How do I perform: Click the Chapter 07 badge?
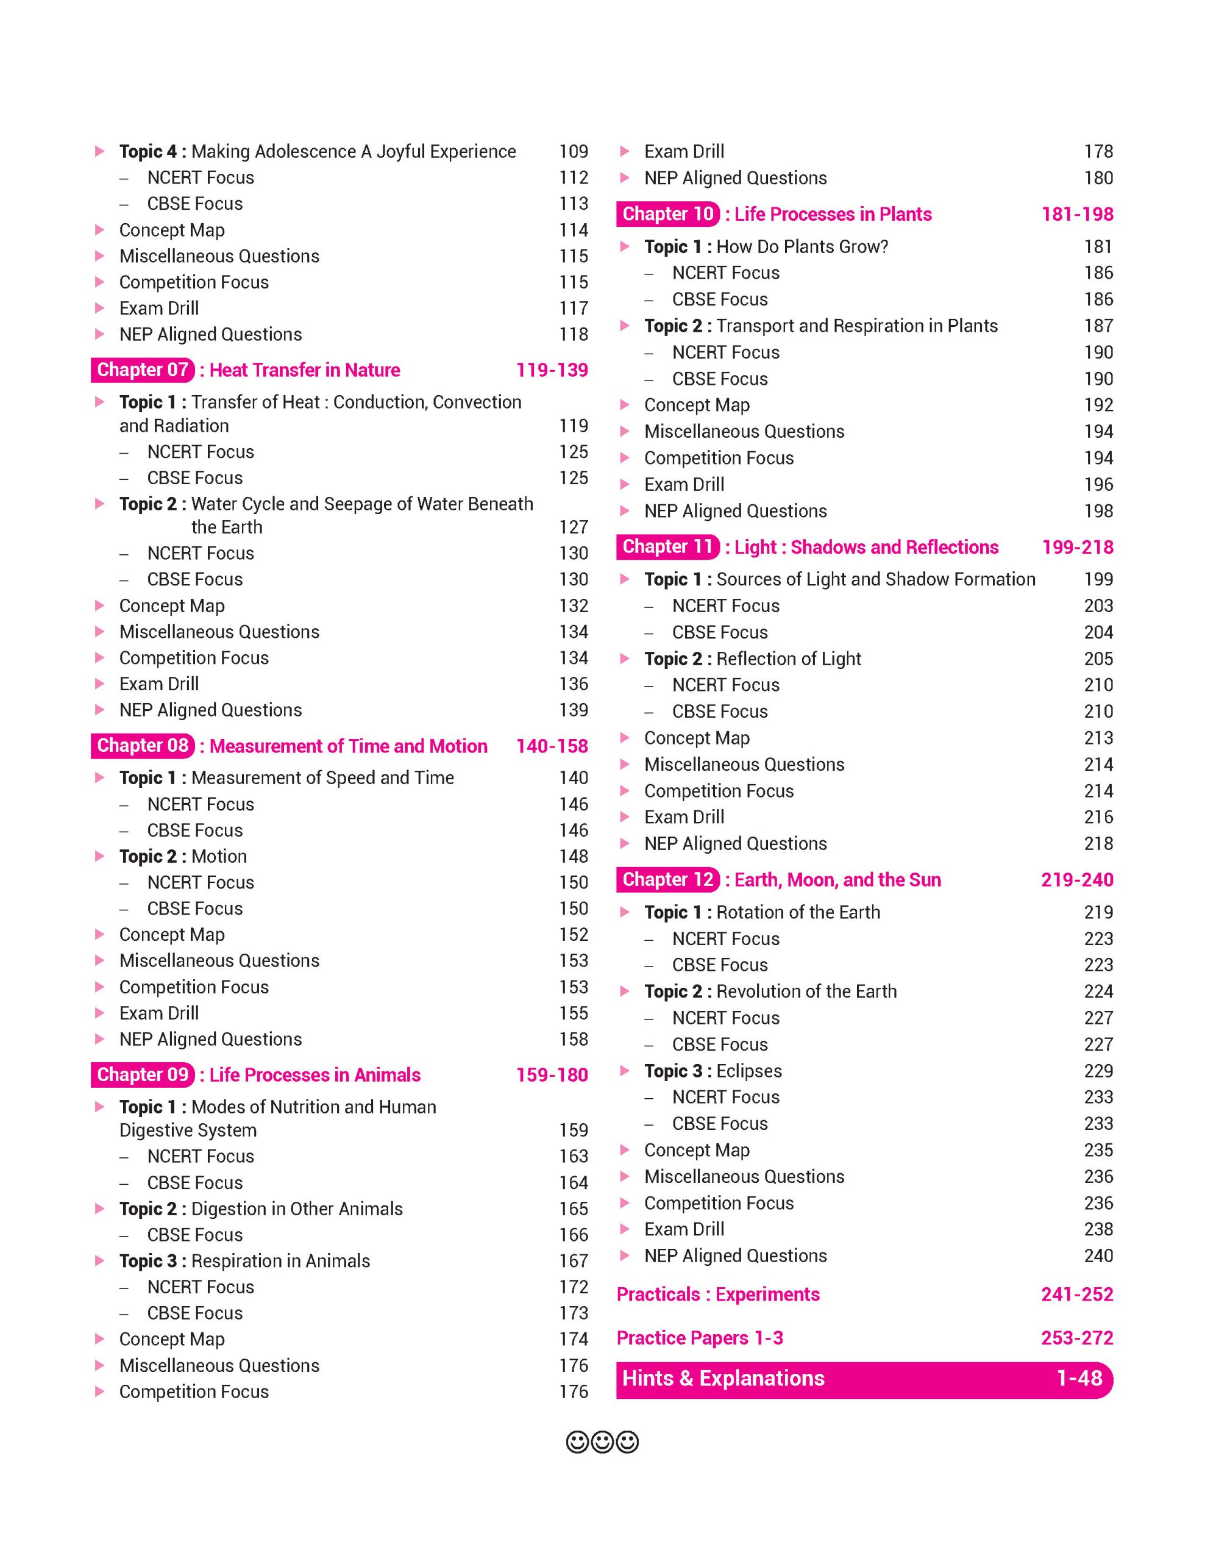tap(143, 370)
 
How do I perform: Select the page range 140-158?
tap(552, 746)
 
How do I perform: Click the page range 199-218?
tap(1077, 548)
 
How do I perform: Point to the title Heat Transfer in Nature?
tap(304, 370)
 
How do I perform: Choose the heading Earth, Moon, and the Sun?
tap(837, 880)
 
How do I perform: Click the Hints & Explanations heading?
tap(723, 1379)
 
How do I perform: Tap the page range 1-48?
tap(1079, 1379)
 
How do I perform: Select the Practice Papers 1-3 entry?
tap(699, 1338)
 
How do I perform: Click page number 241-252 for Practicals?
tap(1077, 1295)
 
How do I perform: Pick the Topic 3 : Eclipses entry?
tap(713, 1071)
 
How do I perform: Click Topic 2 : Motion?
tap(183, 856)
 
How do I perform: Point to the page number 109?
tap(574, 151)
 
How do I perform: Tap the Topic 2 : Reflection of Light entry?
tap(752, 659)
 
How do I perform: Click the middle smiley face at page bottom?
tap(602, 1442)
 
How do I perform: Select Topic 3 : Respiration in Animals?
tap(244, 1261)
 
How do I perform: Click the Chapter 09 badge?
tap(143, 1075)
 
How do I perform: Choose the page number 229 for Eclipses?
tap(1098, 1071)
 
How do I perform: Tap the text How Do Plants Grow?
tap(802, 246)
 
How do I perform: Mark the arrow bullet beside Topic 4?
tap(100, 151)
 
